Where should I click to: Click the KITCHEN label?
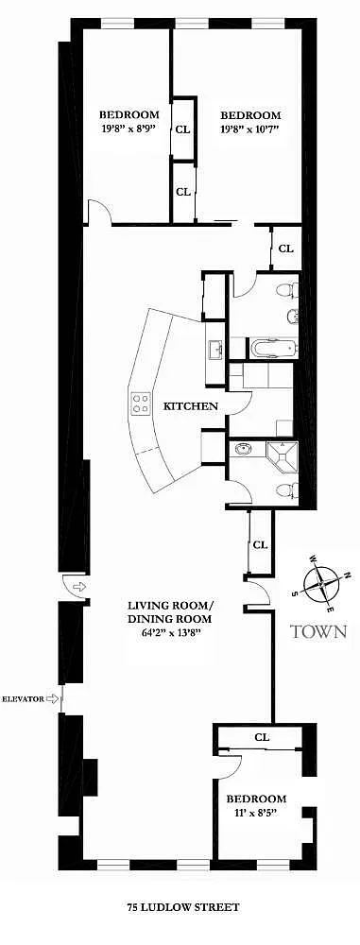coord(191,406)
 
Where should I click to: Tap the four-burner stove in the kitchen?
coord(141,403)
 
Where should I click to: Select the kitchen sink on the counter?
coord(215,349)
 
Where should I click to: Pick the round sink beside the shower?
coord(244,450)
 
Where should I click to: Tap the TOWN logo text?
coord(318,631)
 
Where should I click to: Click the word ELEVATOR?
coord(23,699)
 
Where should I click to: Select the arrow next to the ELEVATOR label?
coord(53,699)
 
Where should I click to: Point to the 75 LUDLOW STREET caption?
coord(183,906)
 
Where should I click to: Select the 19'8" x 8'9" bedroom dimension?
coord(129,128)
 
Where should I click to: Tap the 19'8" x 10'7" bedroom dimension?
coord(250,129)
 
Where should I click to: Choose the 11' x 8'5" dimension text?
coord(256,812)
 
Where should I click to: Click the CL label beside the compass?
coord(260,545)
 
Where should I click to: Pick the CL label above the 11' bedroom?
coord(261,736)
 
